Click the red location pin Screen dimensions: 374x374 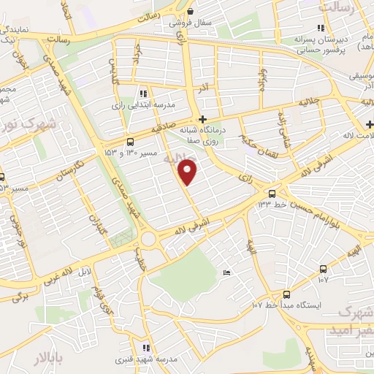[x=188, y=172]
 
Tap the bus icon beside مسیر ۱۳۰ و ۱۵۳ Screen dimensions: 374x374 [x=130, y=141]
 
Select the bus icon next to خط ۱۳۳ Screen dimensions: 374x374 [x=272, y=194]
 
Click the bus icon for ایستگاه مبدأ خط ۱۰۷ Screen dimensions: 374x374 [x=324, y=269]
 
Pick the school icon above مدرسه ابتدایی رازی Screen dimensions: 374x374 [x=143, y=93]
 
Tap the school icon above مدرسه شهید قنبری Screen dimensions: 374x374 [x=146, y=348]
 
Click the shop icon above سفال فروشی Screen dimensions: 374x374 [x=190, y=11]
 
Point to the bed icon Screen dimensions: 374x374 [x=226, y=272]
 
